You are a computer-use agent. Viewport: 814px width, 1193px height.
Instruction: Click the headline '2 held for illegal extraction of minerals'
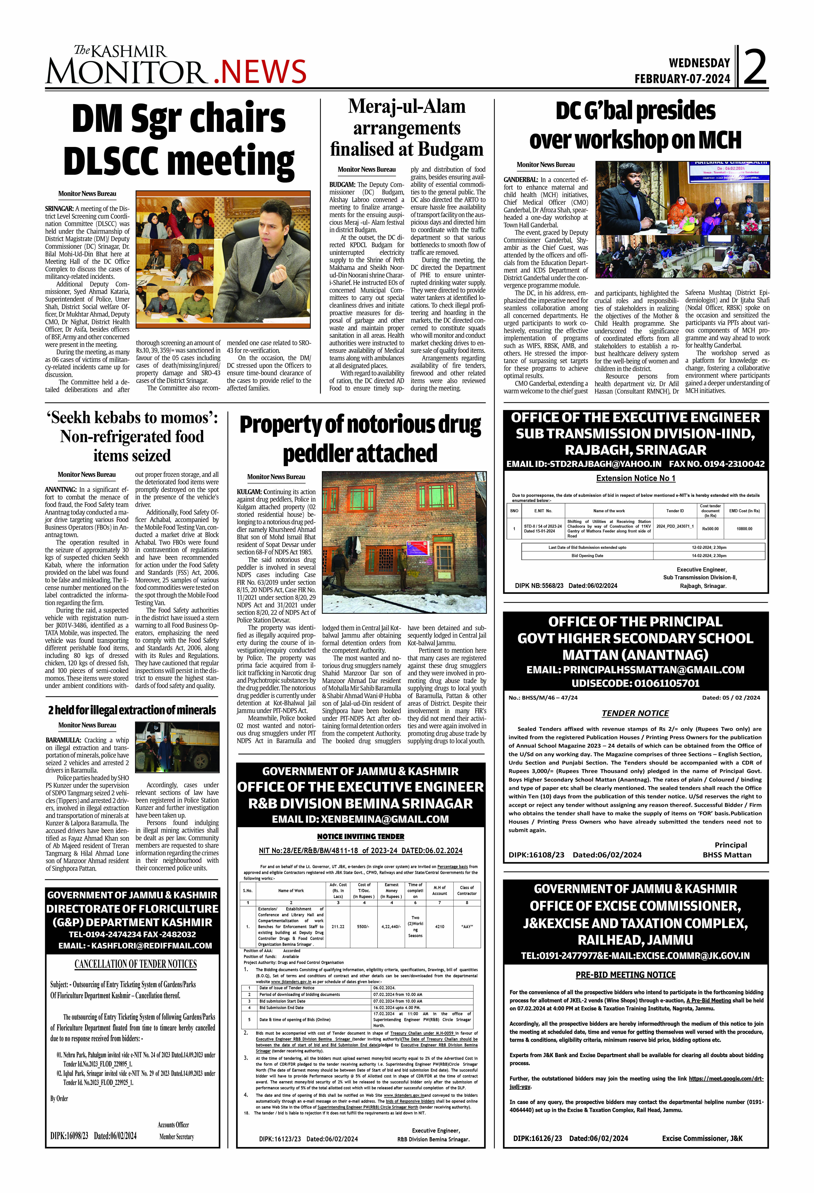pos(132,710)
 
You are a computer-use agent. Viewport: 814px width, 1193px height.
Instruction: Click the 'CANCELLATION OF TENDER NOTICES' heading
pos(135,964)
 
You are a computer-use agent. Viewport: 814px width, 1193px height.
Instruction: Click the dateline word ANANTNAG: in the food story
pos(61,490)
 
